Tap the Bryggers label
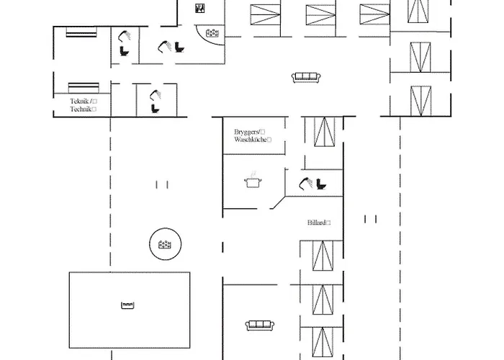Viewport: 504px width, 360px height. (246, 132)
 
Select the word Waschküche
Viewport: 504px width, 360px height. (248, 140)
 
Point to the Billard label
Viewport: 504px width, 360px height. (315, 223)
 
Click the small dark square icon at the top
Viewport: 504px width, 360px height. (200, 8)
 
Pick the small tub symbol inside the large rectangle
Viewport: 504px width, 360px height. (128, 306)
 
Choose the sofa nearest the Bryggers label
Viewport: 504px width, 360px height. (305, 77)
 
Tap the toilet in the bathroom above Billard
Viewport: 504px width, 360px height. (320, 184)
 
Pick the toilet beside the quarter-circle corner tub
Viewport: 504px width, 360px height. (179, 48)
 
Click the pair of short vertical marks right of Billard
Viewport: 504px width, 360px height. (370, 219)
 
